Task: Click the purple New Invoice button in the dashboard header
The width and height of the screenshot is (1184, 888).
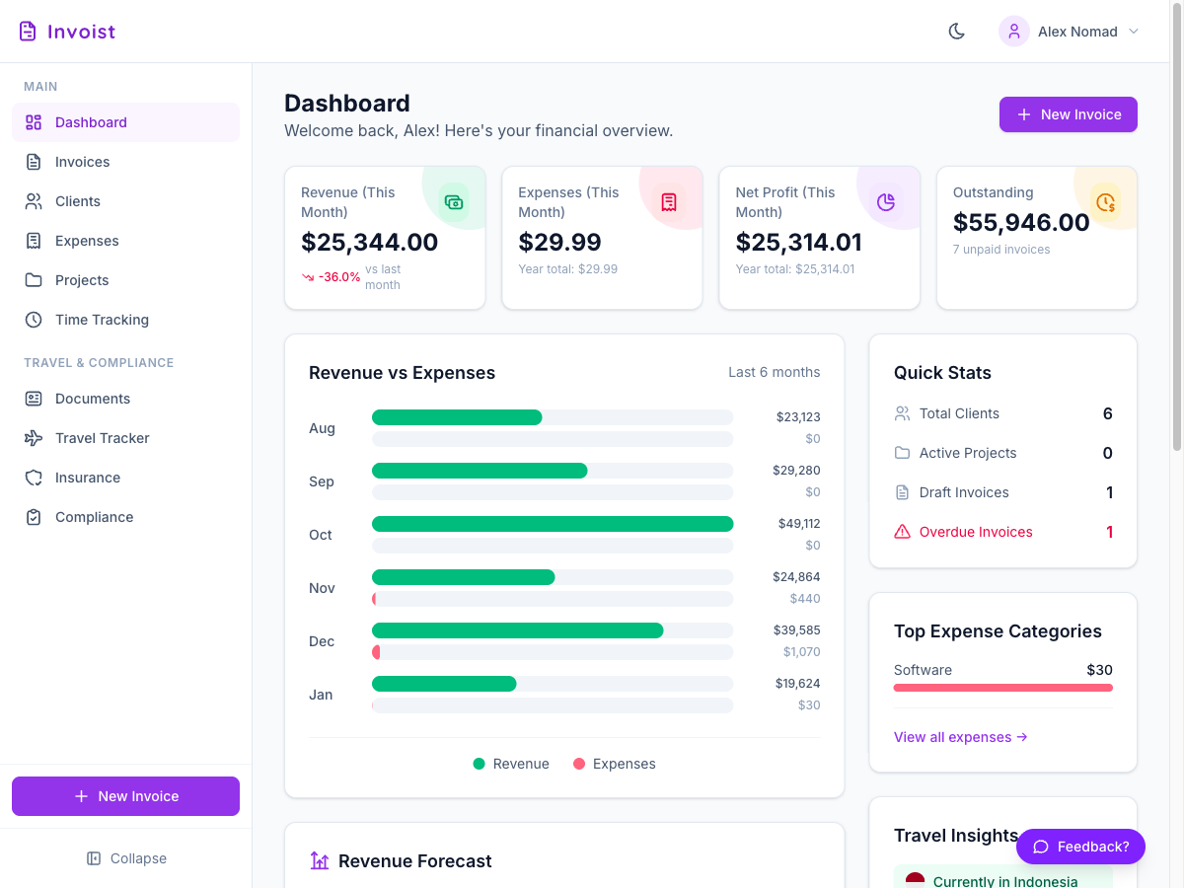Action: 1068,114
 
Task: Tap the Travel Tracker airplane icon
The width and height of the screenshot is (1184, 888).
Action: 34,438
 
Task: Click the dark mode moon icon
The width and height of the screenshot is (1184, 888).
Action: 956,32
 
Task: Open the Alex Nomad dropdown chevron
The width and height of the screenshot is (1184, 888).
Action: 1134,32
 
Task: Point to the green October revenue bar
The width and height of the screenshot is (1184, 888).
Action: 553,524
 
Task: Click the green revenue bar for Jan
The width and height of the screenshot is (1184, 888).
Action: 444,684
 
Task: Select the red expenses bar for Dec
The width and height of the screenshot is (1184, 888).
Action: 376,652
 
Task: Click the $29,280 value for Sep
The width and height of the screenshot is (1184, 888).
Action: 796,471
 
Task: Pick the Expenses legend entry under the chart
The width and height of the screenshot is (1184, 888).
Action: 614,764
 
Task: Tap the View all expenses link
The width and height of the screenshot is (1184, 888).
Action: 960,737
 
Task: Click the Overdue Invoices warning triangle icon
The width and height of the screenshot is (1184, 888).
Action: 902,532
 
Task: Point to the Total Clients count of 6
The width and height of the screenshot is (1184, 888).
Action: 1107,413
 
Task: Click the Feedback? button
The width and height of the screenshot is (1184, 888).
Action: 1080,847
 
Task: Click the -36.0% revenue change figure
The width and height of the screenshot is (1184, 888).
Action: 338,276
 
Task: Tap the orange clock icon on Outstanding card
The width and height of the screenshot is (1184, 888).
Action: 1105,202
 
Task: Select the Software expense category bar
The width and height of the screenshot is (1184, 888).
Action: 1002,688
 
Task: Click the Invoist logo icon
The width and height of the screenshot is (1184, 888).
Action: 28,32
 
